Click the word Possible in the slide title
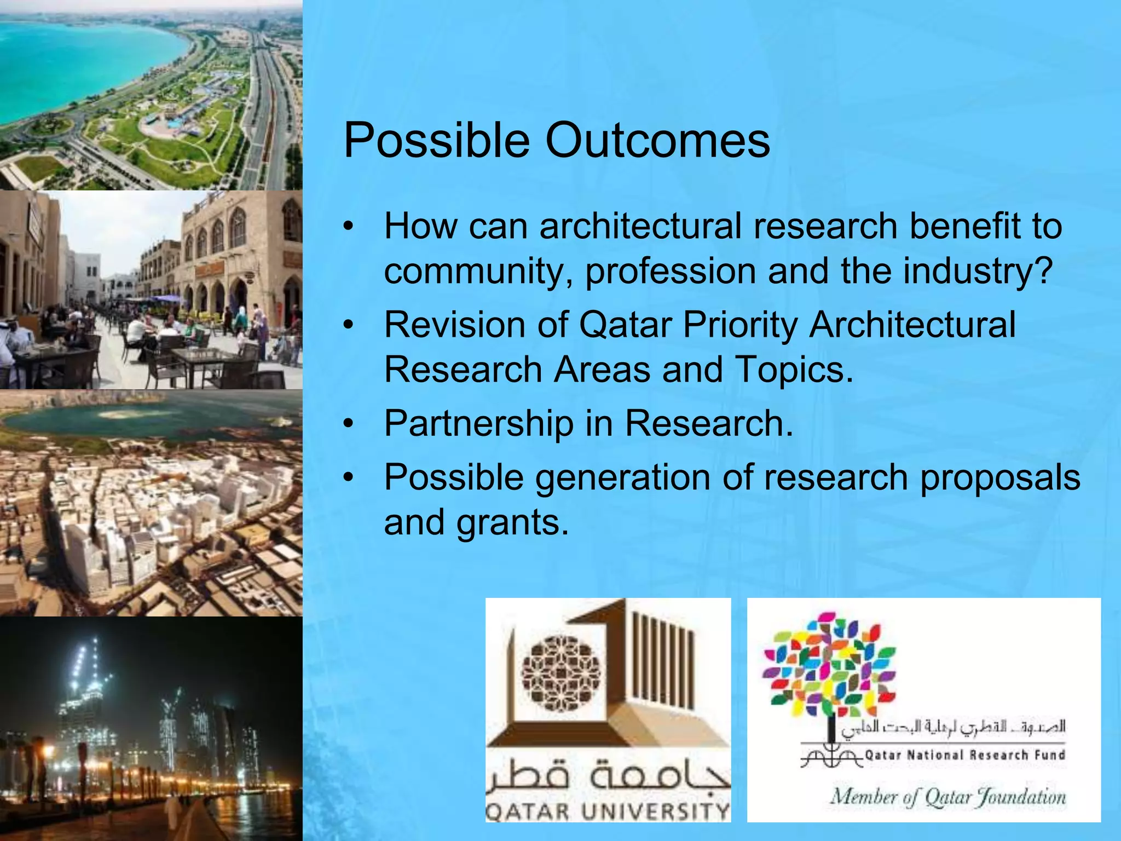click(x=437, y=141)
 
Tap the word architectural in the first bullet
click(x=640, y=226)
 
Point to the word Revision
click(x=455, y=325)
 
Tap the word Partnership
click(x=478, y=424)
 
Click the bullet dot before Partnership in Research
click(x=349, y=424)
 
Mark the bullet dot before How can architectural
click(x=349, y=227)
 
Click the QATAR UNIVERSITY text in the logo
click(x=608, y=811)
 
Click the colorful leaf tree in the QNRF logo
click(x=829, y=665)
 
